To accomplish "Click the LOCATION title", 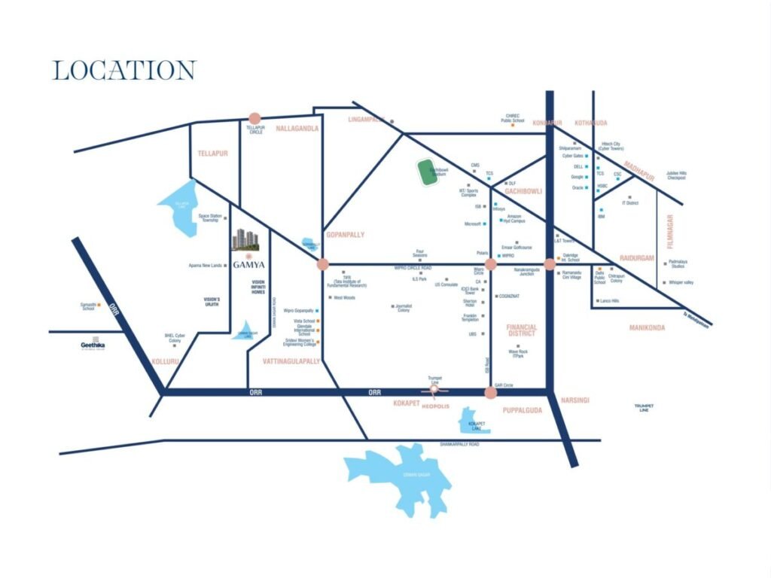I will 124,71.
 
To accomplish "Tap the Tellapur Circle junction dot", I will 254,118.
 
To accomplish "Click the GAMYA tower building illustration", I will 245,239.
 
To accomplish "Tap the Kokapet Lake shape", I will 474,421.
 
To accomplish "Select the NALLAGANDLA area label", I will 297,129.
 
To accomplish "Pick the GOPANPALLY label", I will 345,235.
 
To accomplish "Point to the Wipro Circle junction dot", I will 491,264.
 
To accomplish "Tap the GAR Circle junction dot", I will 491,392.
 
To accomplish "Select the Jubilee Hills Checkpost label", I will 676,175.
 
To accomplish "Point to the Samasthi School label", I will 88,306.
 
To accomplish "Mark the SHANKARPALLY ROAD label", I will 459,445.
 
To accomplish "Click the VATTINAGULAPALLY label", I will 291,361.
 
